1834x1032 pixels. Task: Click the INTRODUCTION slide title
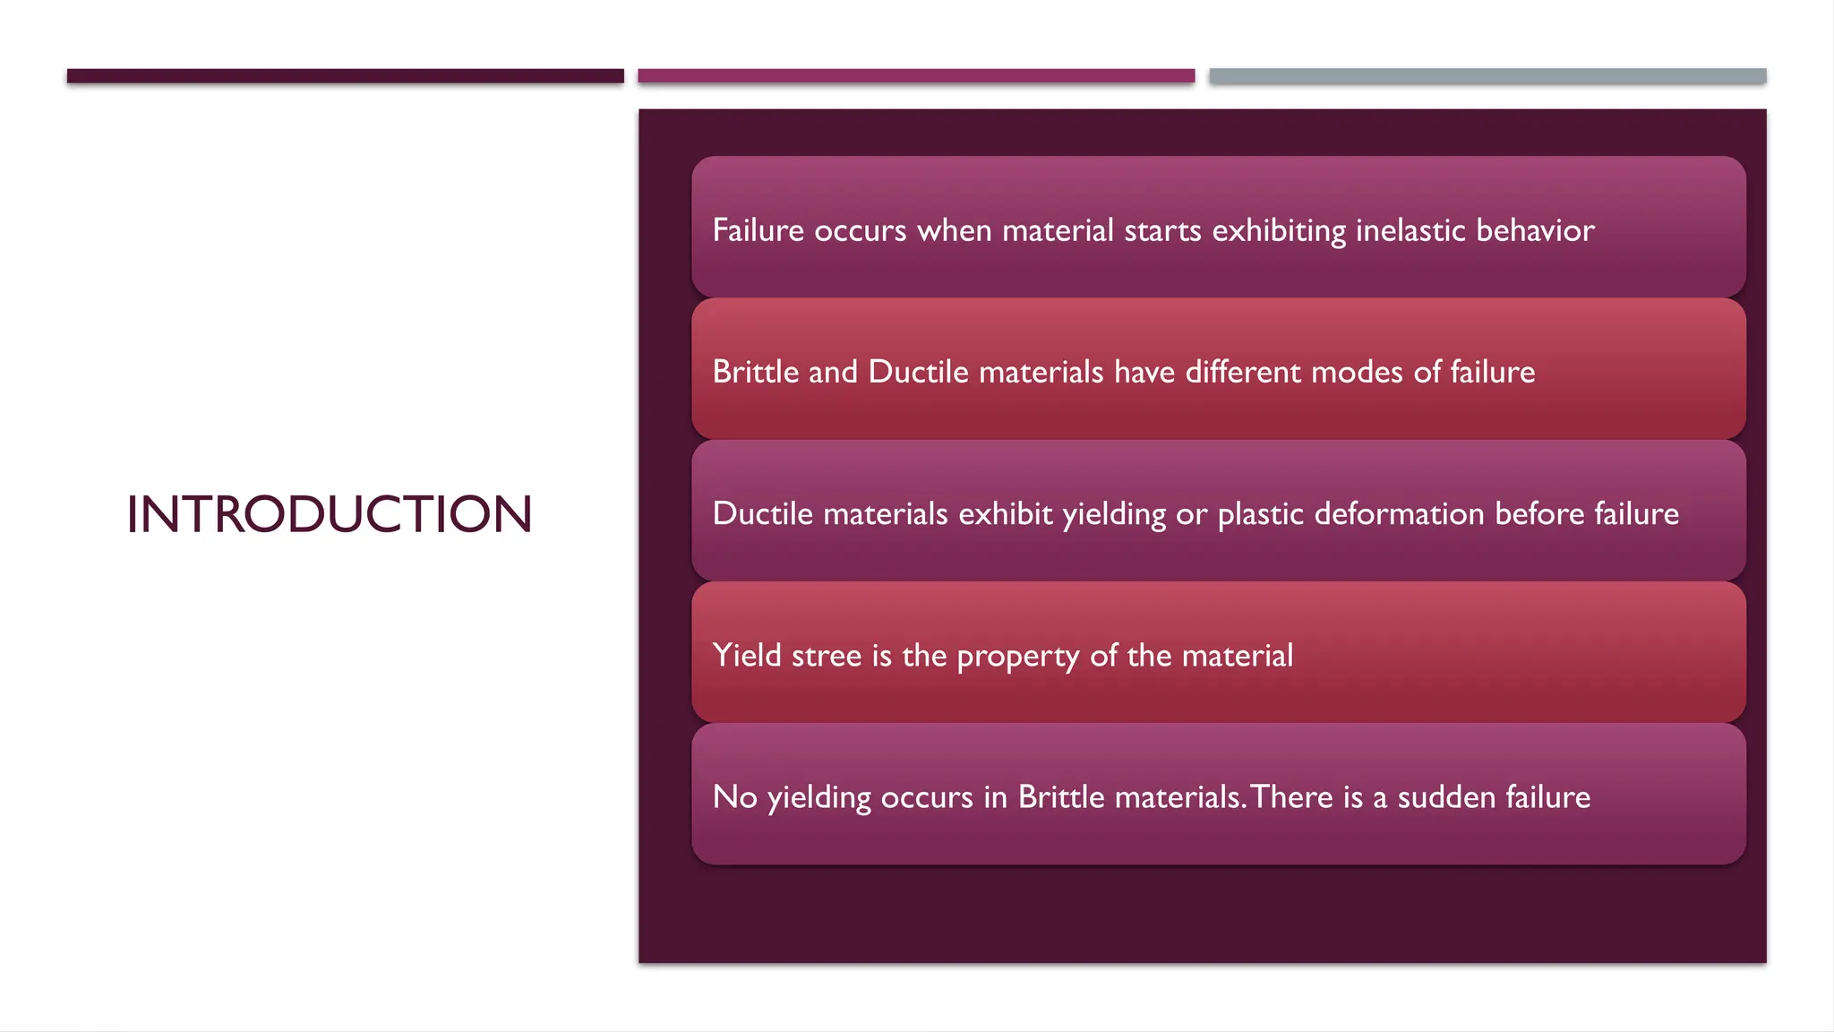tap(329, 514)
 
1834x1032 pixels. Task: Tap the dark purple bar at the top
tap(345, 76)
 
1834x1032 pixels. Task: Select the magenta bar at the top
tap(915, 76)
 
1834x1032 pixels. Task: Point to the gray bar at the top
tap(1487, 76)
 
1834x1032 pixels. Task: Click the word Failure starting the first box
tap(758, 230)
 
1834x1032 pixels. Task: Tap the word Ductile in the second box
tap(918, 372)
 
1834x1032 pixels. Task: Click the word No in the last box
tap(734, 797)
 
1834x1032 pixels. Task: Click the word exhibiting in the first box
tap(1279, 230)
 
